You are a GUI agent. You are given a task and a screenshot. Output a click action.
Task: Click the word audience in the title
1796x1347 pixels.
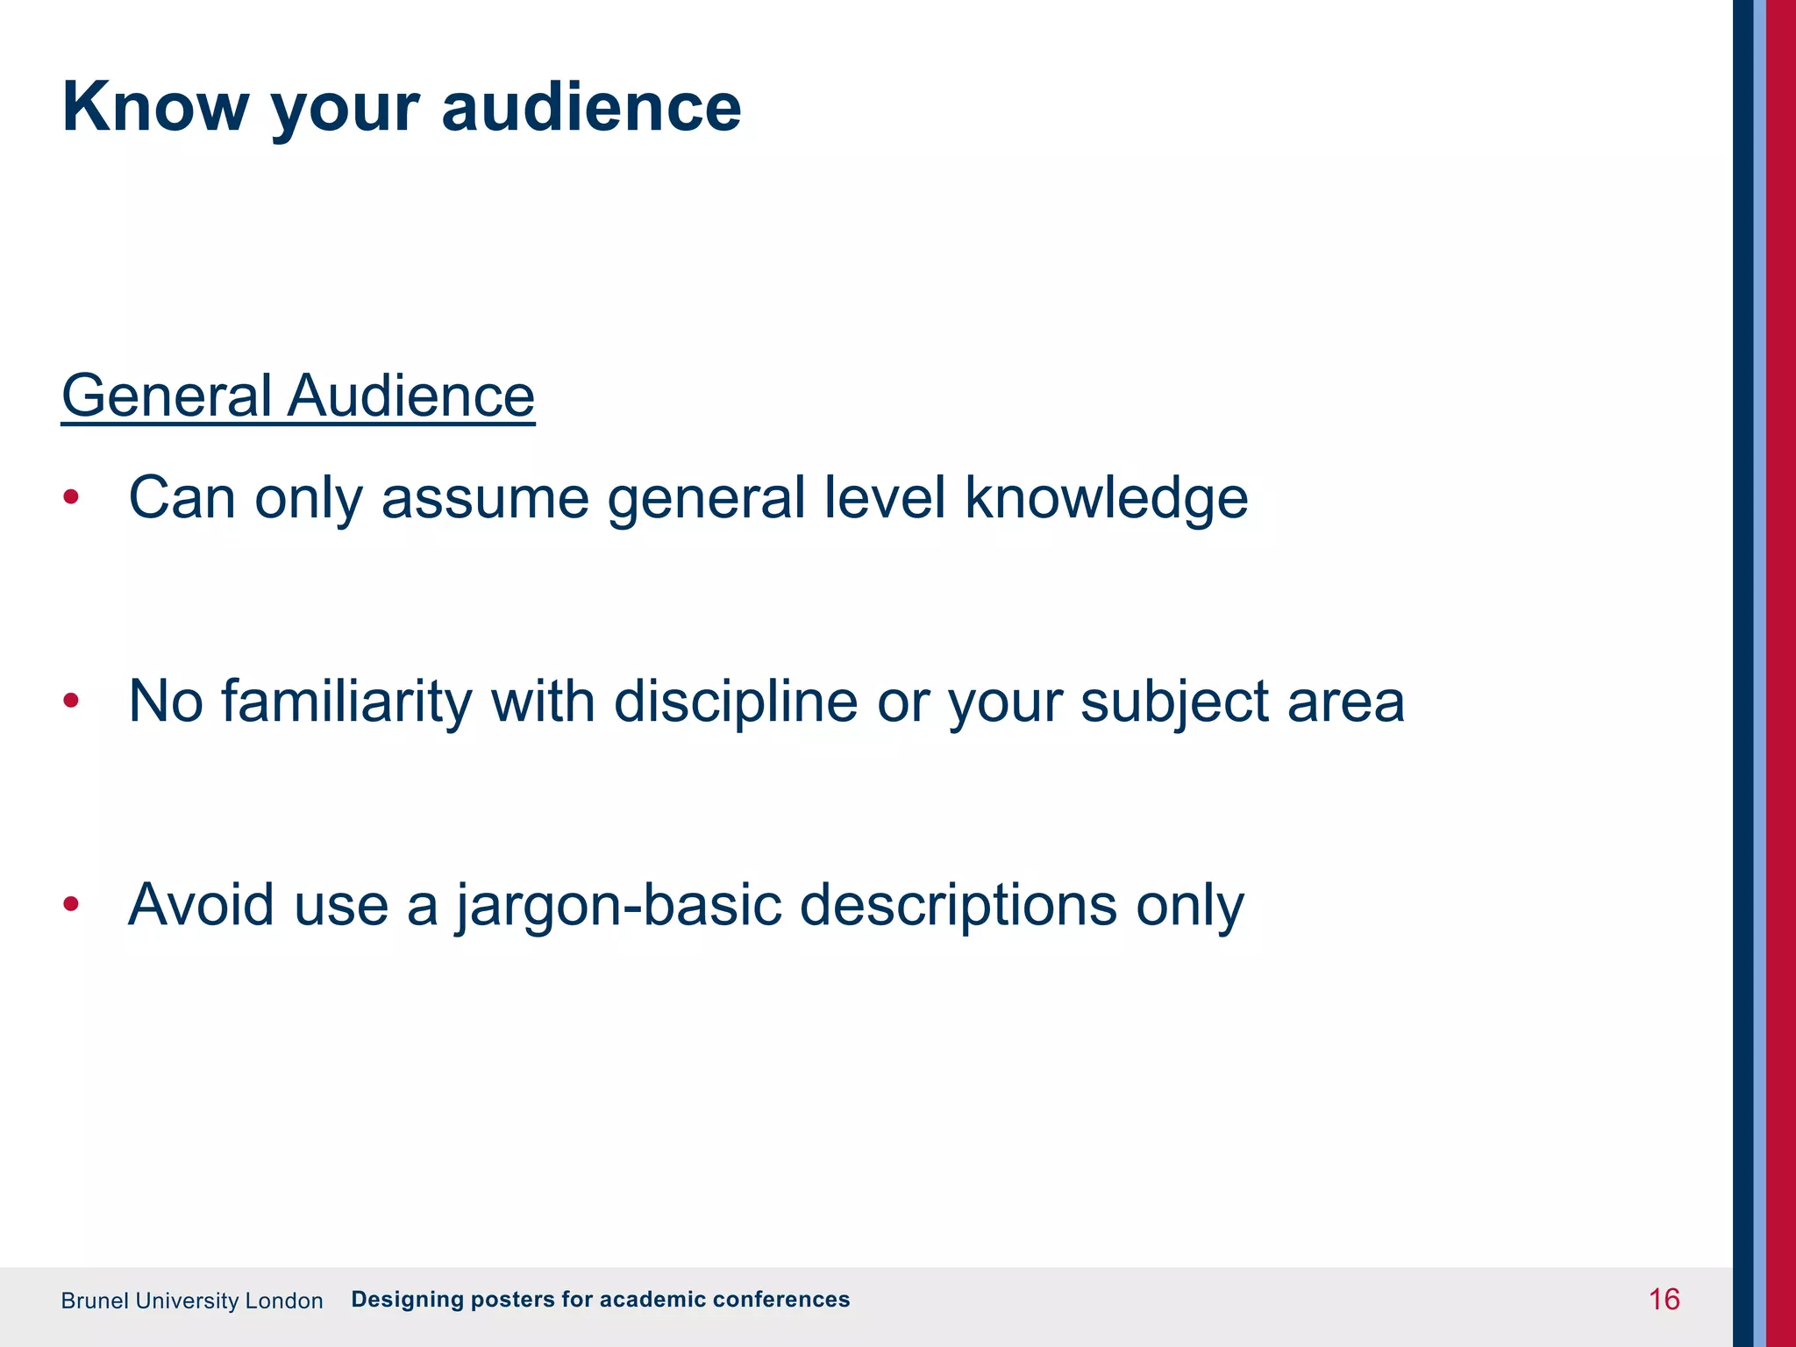point(591,107)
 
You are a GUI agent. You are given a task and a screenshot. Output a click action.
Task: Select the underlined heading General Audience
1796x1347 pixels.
point(297,396)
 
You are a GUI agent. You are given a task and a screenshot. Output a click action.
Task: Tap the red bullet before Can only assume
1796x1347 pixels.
point(71,498)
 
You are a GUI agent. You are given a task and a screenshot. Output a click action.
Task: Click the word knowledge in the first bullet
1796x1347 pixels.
point(1106,498)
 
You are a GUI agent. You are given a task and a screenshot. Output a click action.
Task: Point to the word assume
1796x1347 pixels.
point(484,498)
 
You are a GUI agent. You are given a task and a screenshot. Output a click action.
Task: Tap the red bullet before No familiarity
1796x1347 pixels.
point(71,702)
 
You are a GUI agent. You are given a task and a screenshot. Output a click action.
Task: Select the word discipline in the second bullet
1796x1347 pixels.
point(735,702)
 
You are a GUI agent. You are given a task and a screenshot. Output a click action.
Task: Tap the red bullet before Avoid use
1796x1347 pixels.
point(71,905)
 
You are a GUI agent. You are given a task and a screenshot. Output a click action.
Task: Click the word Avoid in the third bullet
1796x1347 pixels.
point(201,905)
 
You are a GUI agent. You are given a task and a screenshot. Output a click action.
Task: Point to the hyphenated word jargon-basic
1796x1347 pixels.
point(617,905)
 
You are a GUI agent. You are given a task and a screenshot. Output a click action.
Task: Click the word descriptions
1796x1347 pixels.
point(958,905)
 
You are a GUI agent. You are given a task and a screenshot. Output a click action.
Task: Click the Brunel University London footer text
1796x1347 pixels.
point(192,1301)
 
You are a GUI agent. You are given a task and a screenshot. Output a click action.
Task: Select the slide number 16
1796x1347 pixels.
point(1664,1300)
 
